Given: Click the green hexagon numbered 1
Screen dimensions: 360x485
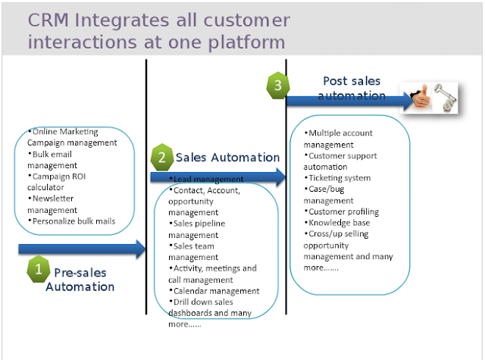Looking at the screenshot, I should pyautogui.click(x=39, y=268).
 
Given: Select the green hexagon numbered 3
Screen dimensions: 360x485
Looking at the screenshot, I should pyautogui.click(x=278, y=85).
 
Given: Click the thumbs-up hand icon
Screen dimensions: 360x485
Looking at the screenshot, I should pyautogui.click(x=422, y=97).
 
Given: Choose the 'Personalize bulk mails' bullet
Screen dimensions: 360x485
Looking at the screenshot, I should pyautogui.click(x=72, y=221).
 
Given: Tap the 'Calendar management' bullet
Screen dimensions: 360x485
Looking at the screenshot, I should pyautogui.click(x=216, y=290).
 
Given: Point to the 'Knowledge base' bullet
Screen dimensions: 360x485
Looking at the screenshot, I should pyautogui.click(x=339, y=223).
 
